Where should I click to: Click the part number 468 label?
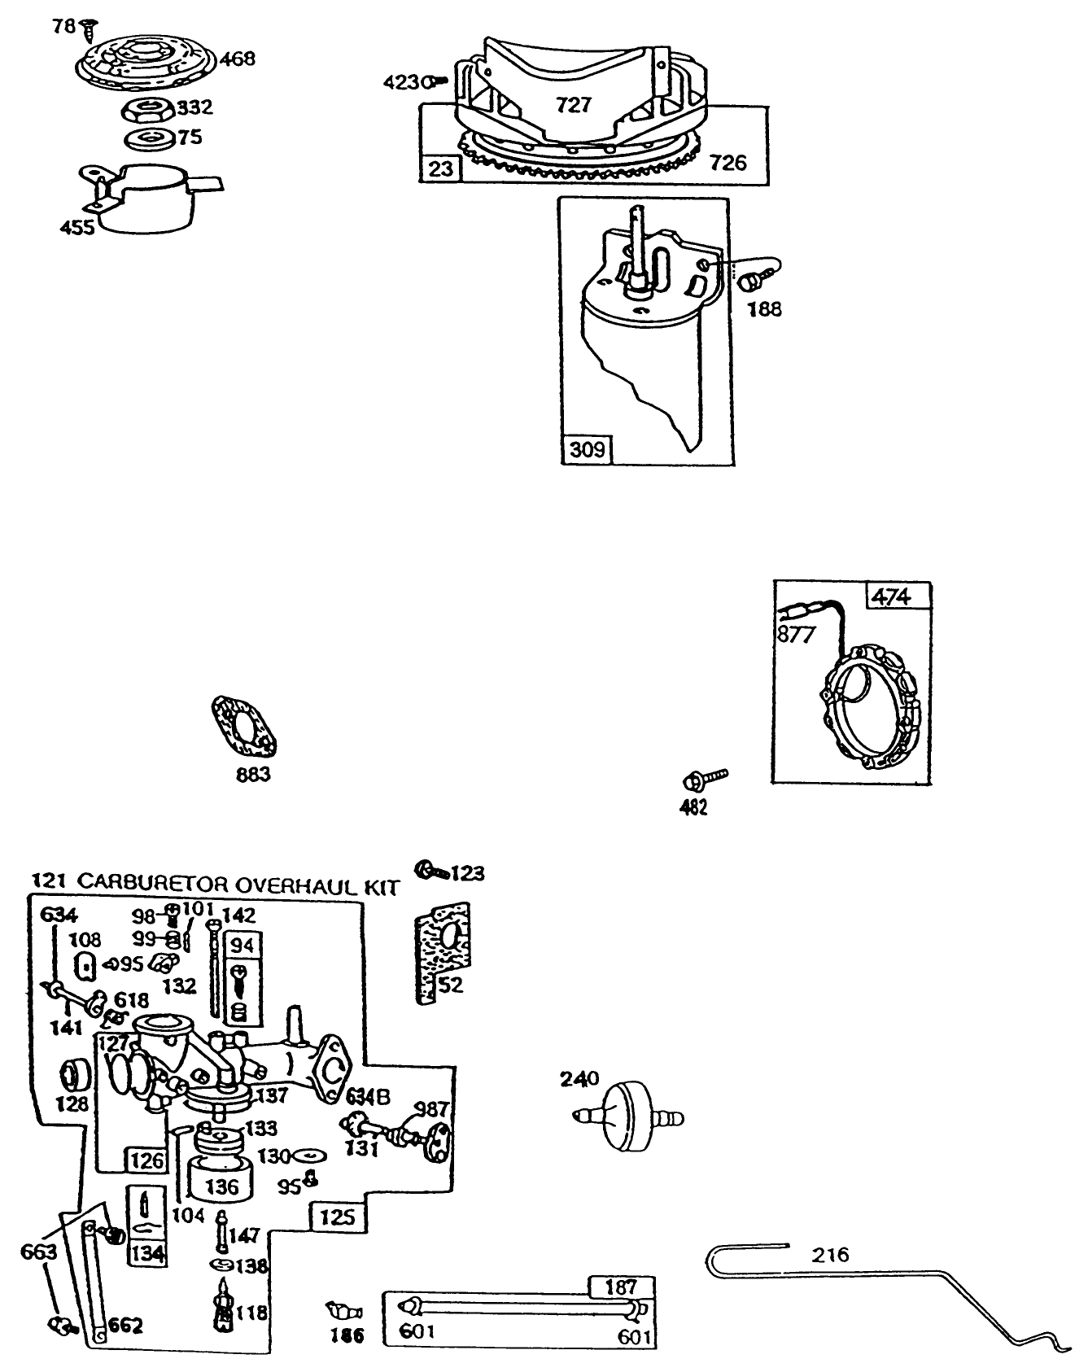pyautogui.click(x=237, y=59)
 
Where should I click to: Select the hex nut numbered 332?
pyautogui.click(x=147, y=108)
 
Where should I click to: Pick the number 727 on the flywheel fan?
pyautogui.click(x=574, y=104)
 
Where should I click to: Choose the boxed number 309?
pyautogui.click(x=587, y=448)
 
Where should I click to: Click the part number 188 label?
pyautogui.click(x=764, y=308)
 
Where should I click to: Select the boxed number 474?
pyautogui.click(x=891, y=596)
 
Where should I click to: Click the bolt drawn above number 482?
pyautogui.click(x=705, y=779)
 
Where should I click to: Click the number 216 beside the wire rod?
pyautogui.click(x=830, y=1254)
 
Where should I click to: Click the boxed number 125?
pyautogui.click(x=338, y=1217)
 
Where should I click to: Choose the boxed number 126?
pyautogui.click(x=146, y=1160)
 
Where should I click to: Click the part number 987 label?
pyautogui.click(x=432, y=1108)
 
